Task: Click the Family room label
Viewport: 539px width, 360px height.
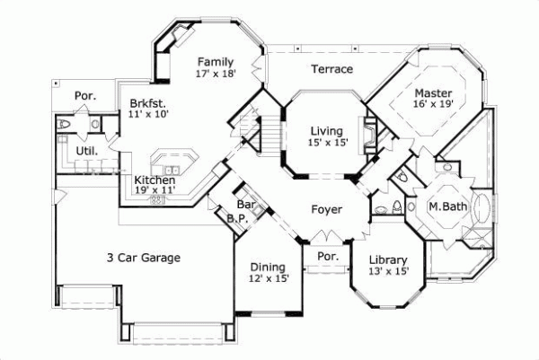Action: click(x=216, y=61)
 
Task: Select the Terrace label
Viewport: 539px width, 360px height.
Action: click(x=331, y=69)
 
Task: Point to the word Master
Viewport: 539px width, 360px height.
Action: click(x=433, y=92)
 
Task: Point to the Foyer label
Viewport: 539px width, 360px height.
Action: click(x=326, y=209)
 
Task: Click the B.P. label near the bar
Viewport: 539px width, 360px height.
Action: click(x=236, y=217)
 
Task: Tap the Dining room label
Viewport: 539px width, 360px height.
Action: click(x=268, y=267)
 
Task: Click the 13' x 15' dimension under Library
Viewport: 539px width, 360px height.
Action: click(x=389, y=273)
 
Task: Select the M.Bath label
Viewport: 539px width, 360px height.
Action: click(x=445, y=207)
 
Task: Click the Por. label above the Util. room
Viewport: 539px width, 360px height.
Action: click(x=84, y=94)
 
